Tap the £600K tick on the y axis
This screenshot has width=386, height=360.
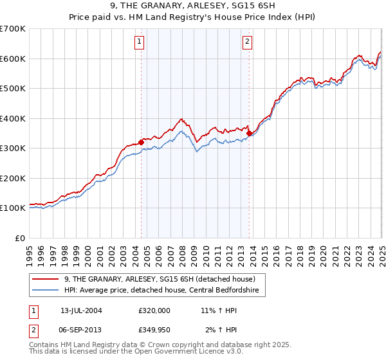pyautogui.click(x=13, y=59)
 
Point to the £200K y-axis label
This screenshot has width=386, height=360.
pyautogui.click(x=13, y=178)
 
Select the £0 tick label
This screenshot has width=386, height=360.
pyautogui.click(x=19, y=238)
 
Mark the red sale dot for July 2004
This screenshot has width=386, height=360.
pyautogui.click(x=141, y=142)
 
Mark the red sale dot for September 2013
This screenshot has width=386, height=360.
pyautogui.click(x=249, y=133)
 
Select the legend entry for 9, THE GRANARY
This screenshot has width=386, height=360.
pyautogui.click(x=160, y=279)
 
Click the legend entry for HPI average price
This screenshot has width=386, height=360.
pyautogui.click(x=160, y=291)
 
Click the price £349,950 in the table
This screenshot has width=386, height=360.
pyautogui.click(x=154, y=330)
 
